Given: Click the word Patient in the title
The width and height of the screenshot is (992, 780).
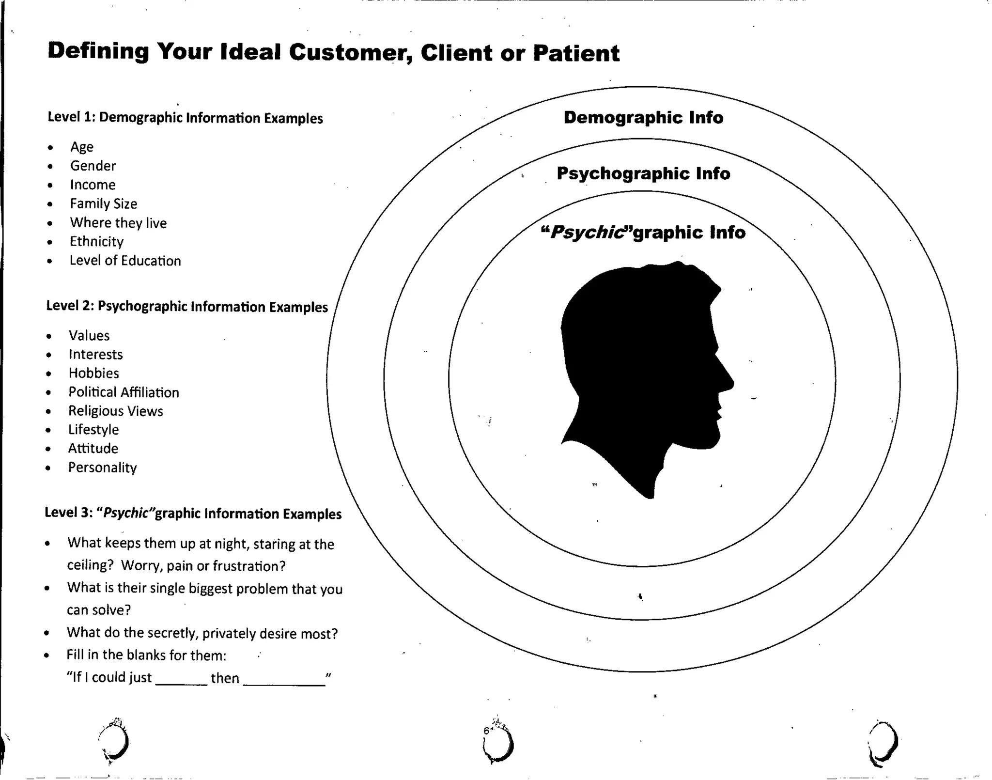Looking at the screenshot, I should (576, 53).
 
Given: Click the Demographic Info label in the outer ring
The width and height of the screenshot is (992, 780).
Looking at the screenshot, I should (643, 118).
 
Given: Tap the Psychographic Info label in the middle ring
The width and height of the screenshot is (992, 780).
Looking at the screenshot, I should (643, 173).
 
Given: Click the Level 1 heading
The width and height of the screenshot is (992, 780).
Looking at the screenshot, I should (185, 118).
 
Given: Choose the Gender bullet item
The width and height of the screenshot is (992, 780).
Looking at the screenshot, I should (93, 166).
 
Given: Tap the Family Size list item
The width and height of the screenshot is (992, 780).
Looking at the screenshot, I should (103, 203).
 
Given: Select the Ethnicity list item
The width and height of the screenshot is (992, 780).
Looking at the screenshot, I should (96, 241).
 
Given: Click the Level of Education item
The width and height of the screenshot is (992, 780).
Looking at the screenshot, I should (125, 261).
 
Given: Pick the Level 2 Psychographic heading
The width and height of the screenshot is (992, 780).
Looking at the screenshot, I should (187, 307).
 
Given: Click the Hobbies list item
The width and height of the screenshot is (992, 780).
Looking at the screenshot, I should (93, 373).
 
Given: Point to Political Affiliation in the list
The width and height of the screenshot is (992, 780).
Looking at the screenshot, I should (124, 392).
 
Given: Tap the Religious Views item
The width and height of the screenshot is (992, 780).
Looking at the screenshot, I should (115, 411).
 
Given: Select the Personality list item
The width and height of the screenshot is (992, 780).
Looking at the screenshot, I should (102, 468).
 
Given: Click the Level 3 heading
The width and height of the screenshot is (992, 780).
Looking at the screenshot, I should (193, 513).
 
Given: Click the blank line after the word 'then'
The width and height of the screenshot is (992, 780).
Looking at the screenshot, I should (284, 683).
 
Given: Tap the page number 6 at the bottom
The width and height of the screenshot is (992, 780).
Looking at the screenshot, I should (486, 731).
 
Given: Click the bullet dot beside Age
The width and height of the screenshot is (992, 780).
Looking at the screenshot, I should (50, 147).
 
